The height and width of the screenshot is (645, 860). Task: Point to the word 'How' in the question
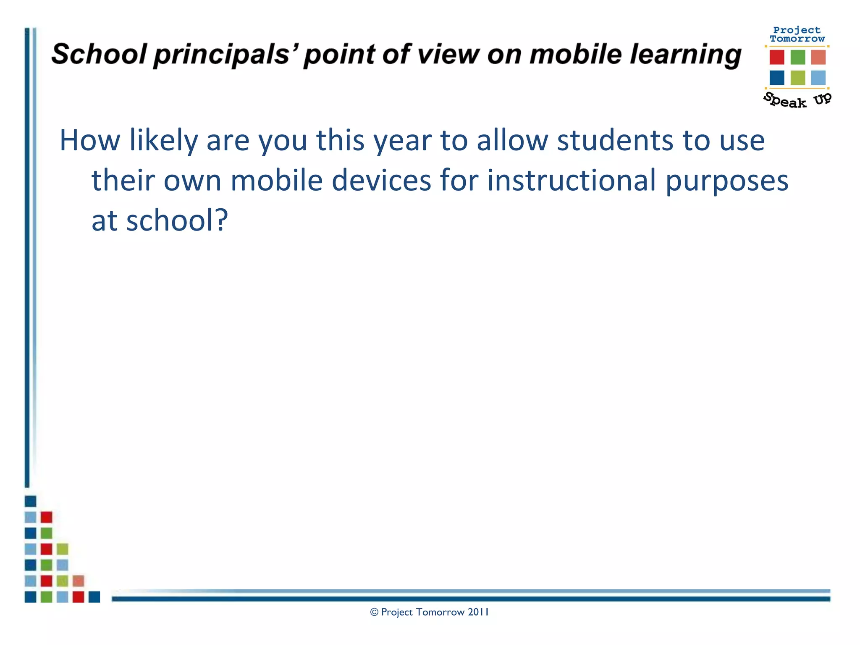[x=89, y=140]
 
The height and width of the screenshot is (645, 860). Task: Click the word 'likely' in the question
[x=163, y=141]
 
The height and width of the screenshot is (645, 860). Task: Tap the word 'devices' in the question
[x=381, y=180]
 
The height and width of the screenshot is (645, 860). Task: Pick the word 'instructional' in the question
[x=571, y=180]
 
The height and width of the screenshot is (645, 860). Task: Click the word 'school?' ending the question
[x=177, y=220]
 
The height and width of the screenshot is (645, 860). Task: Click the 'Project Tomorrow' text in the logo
[x=797, y=34]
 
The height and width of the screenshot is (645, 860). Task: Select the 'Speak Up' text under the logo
[x=797, y=100]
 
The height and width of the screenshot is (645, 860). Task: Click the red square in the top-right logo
[x=776, y=57]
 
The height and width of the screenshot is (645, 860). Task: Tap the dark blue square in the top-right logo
[x=776, y=78]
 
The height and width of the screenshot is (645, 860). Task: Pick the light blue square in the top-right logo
[x=818, y=78]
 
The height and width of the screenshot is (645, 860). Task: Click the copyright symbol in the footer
[x=374, y=612]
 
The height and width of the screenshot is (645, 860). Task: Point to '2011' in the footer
[x=478, y=612]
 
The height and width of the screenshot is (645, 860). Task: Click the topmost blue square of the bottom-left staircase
[x=30, y=501]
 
